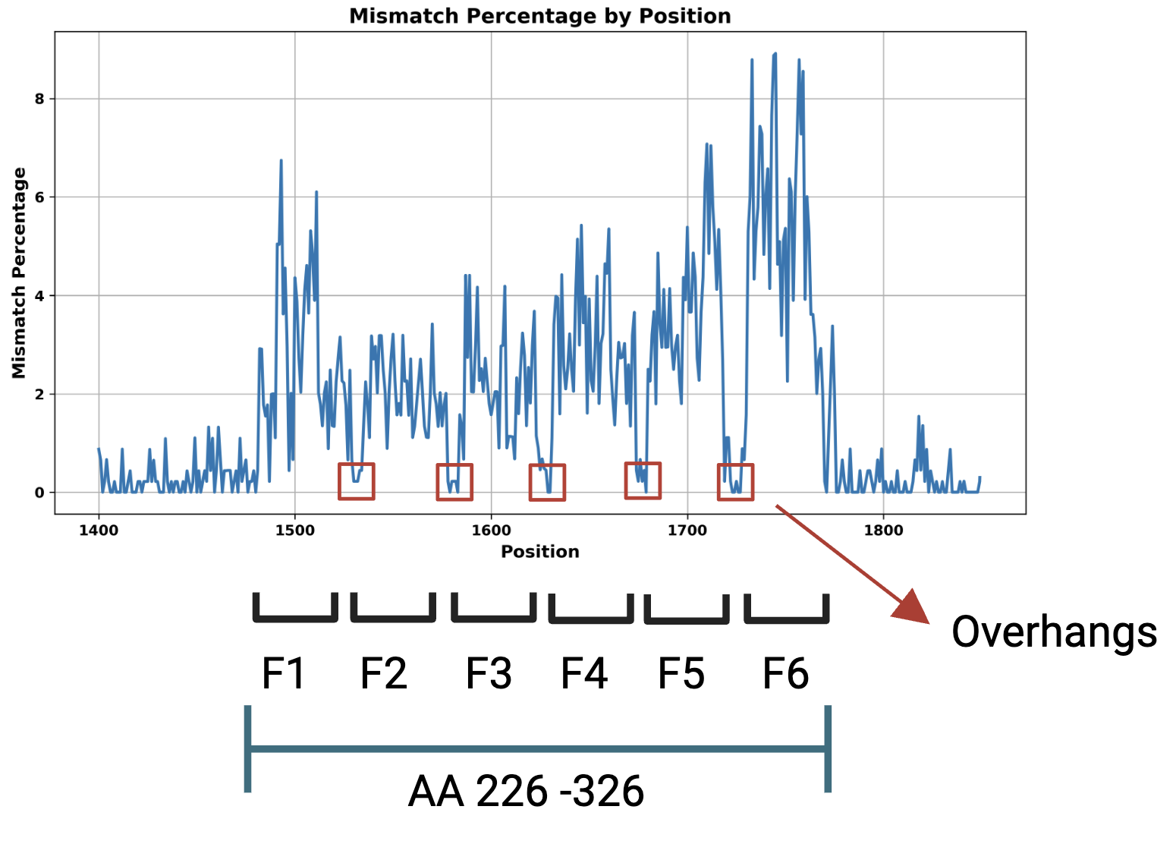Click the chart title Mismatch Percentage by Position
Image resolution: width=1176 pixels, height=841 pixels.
pyautogui.click(x=539, y=16)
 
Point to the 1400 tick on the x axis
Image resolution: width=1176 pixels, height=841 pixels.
pyautogui.click(x=99, y=530)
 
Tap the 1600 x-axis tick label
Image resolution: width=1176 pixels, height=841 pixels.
pyautogui.click(x=491, y=530)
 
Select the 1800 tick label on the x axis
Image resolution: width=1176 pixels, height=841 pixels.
pyautogui.click(x=883, y=530)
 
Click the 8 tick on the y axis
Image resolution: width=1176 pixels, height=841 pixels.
pyautogui.click(x=39, y=99)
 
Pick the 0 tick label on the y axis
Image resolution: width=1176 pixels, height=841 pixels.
pyautogui.click(x=39, y=493)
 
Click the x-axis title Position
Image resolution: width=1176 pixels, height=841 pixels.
pyautogui.click(x=539, y=552)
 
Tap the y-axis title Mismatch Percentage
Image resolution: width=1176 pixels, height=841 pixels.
pyautogui.click(x=19, y=273)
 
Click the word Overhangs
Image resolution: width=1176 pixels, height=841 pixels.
pyautogui.click(x=1054, y=632)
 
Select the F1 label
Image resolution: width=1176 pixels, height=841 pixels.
pyautogui.click(x=283, y=673)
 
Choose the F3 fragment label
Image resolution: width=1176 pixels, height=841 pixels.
pyautogui.click(x=488, y=673)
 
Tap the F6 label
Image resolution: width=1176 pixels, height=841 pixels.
pyautogui.click(x=785, y=673)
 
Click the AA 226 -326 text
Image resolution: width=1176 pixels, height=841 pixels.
pyautogui.click(x=526, y=792)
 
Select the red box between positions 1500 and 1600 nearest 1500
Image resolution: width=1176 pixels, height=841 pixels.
pyautogui.click(x=357, y=481)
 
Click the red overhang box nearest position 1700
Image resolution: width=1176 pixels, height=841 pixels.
pyautogui.click(x=643, y=480)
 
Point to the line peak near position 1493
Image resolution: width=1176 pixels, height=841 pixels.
pyautogui.click(x=281, y=161)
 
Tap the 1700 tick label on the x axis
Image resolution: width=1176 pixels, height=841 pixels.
pyautogui.click(x=687, y=530)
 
